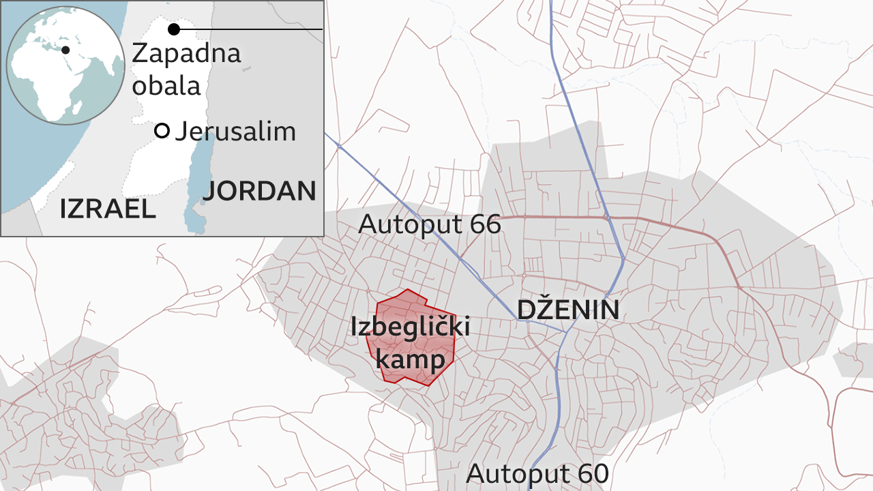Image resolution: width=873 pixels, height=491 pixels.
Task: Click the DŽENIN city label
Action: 567,310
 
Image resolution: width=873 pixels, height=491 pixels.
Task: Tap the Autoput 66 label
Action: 430,224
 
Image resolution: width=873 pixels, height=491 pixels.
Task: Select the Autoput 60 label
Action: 537,473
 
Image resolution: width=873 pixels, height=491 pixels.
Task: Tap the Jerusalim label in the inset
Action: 235,132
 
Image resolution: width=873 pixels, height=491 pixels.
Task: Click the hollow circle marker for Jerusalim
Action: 162,131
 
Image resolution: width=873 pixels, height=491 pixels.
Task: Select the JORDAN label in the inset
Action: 259,192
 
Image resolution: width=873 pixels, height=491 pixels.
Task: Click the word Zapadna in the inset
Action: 186,53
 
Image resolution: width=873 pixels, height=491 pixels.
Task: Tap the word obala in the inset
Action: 166,86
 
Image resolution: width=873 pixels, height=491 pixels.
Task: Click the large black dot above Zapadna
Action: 174,29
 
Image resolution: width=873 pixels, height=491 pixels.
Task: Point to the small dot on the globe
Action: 65,50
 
